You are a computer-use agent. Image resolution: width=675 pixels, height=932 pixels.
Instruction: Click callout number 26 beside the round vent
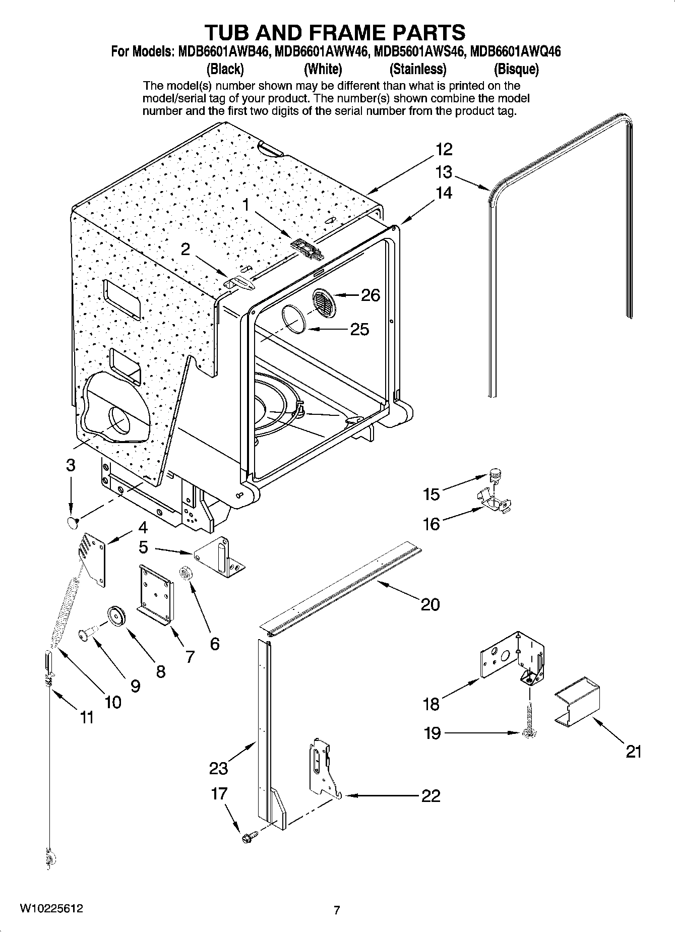[371, 295]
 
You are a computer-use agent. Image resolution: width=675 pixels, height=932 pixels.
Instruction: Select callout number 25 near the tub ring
[359, 329]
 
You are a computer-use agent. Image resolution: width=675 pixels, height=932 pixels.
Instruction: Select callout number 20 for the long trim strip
[430, 604]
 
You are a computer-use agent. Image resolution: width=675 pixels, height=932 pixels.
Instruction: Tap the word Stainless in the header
[418, 69]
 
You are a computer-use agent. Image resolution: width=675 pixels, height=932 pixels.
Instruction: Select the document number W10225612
[51, 908]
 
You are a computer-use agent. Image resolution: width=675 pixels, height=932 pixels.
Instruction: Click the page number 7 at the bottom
[337, 910]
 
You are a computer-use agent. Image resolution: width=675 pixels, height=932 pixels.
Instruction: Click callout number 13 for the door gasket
[444, 172]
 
